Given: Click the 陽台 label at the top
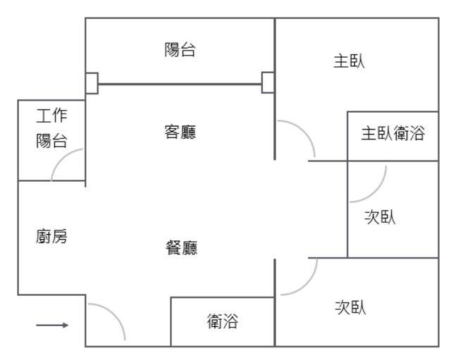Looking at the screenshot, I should click(180, 50).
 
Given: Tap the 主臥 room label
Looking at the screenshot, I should click(349, 61).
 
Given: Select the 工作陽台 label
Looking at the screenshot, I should click(51, 128).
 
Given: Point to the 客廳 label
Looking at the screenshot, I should click(180, 132).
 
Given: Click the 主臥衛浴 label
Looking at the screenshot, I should click(393, 134).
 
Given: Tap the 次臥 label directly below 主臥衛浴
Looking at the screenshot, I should click(380, 217).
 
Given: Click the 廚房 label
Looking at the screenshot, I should click(51, 236).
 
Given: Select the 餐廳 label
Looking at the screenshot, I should click(180, 247).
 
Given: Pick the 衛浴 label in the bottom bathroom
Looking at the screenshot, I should click(222, 322).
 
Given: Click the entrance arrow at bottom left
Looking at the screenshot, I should click(52, 325).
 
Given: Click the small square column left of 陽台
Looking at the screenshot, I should click(92, 82).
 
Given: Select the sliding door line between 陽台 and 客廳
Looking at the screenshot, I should click(180, 85).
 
